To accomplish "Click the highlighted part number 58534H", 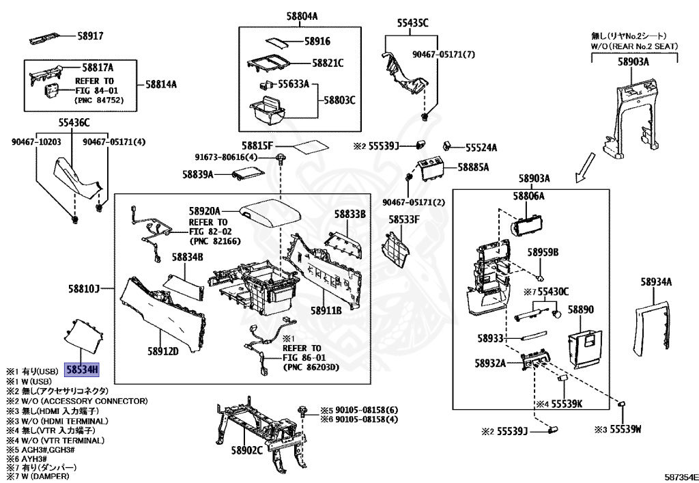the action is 82,370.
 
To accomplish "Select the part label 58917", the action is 91,36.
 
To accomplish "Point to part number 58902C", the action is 246,450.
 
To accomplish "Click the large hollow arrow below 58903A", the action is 585,167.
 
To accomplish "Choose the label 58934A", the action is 656,282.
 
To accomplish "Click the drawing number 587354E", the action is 681,476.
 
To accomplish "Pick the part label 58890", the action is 580,309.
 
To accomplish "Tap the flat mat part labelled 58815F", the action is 311,148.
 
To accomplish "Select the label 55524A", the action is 481,148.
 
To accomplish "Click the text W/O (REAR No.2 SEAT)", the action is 634,46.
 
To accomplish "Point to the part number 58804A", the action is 302,16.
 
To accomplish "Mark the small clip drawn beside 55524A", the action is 448,146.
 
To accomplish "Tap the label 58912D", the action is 163,351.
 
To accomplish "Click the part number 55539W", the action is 625,429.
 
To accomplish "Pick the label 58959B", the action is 543,252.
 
